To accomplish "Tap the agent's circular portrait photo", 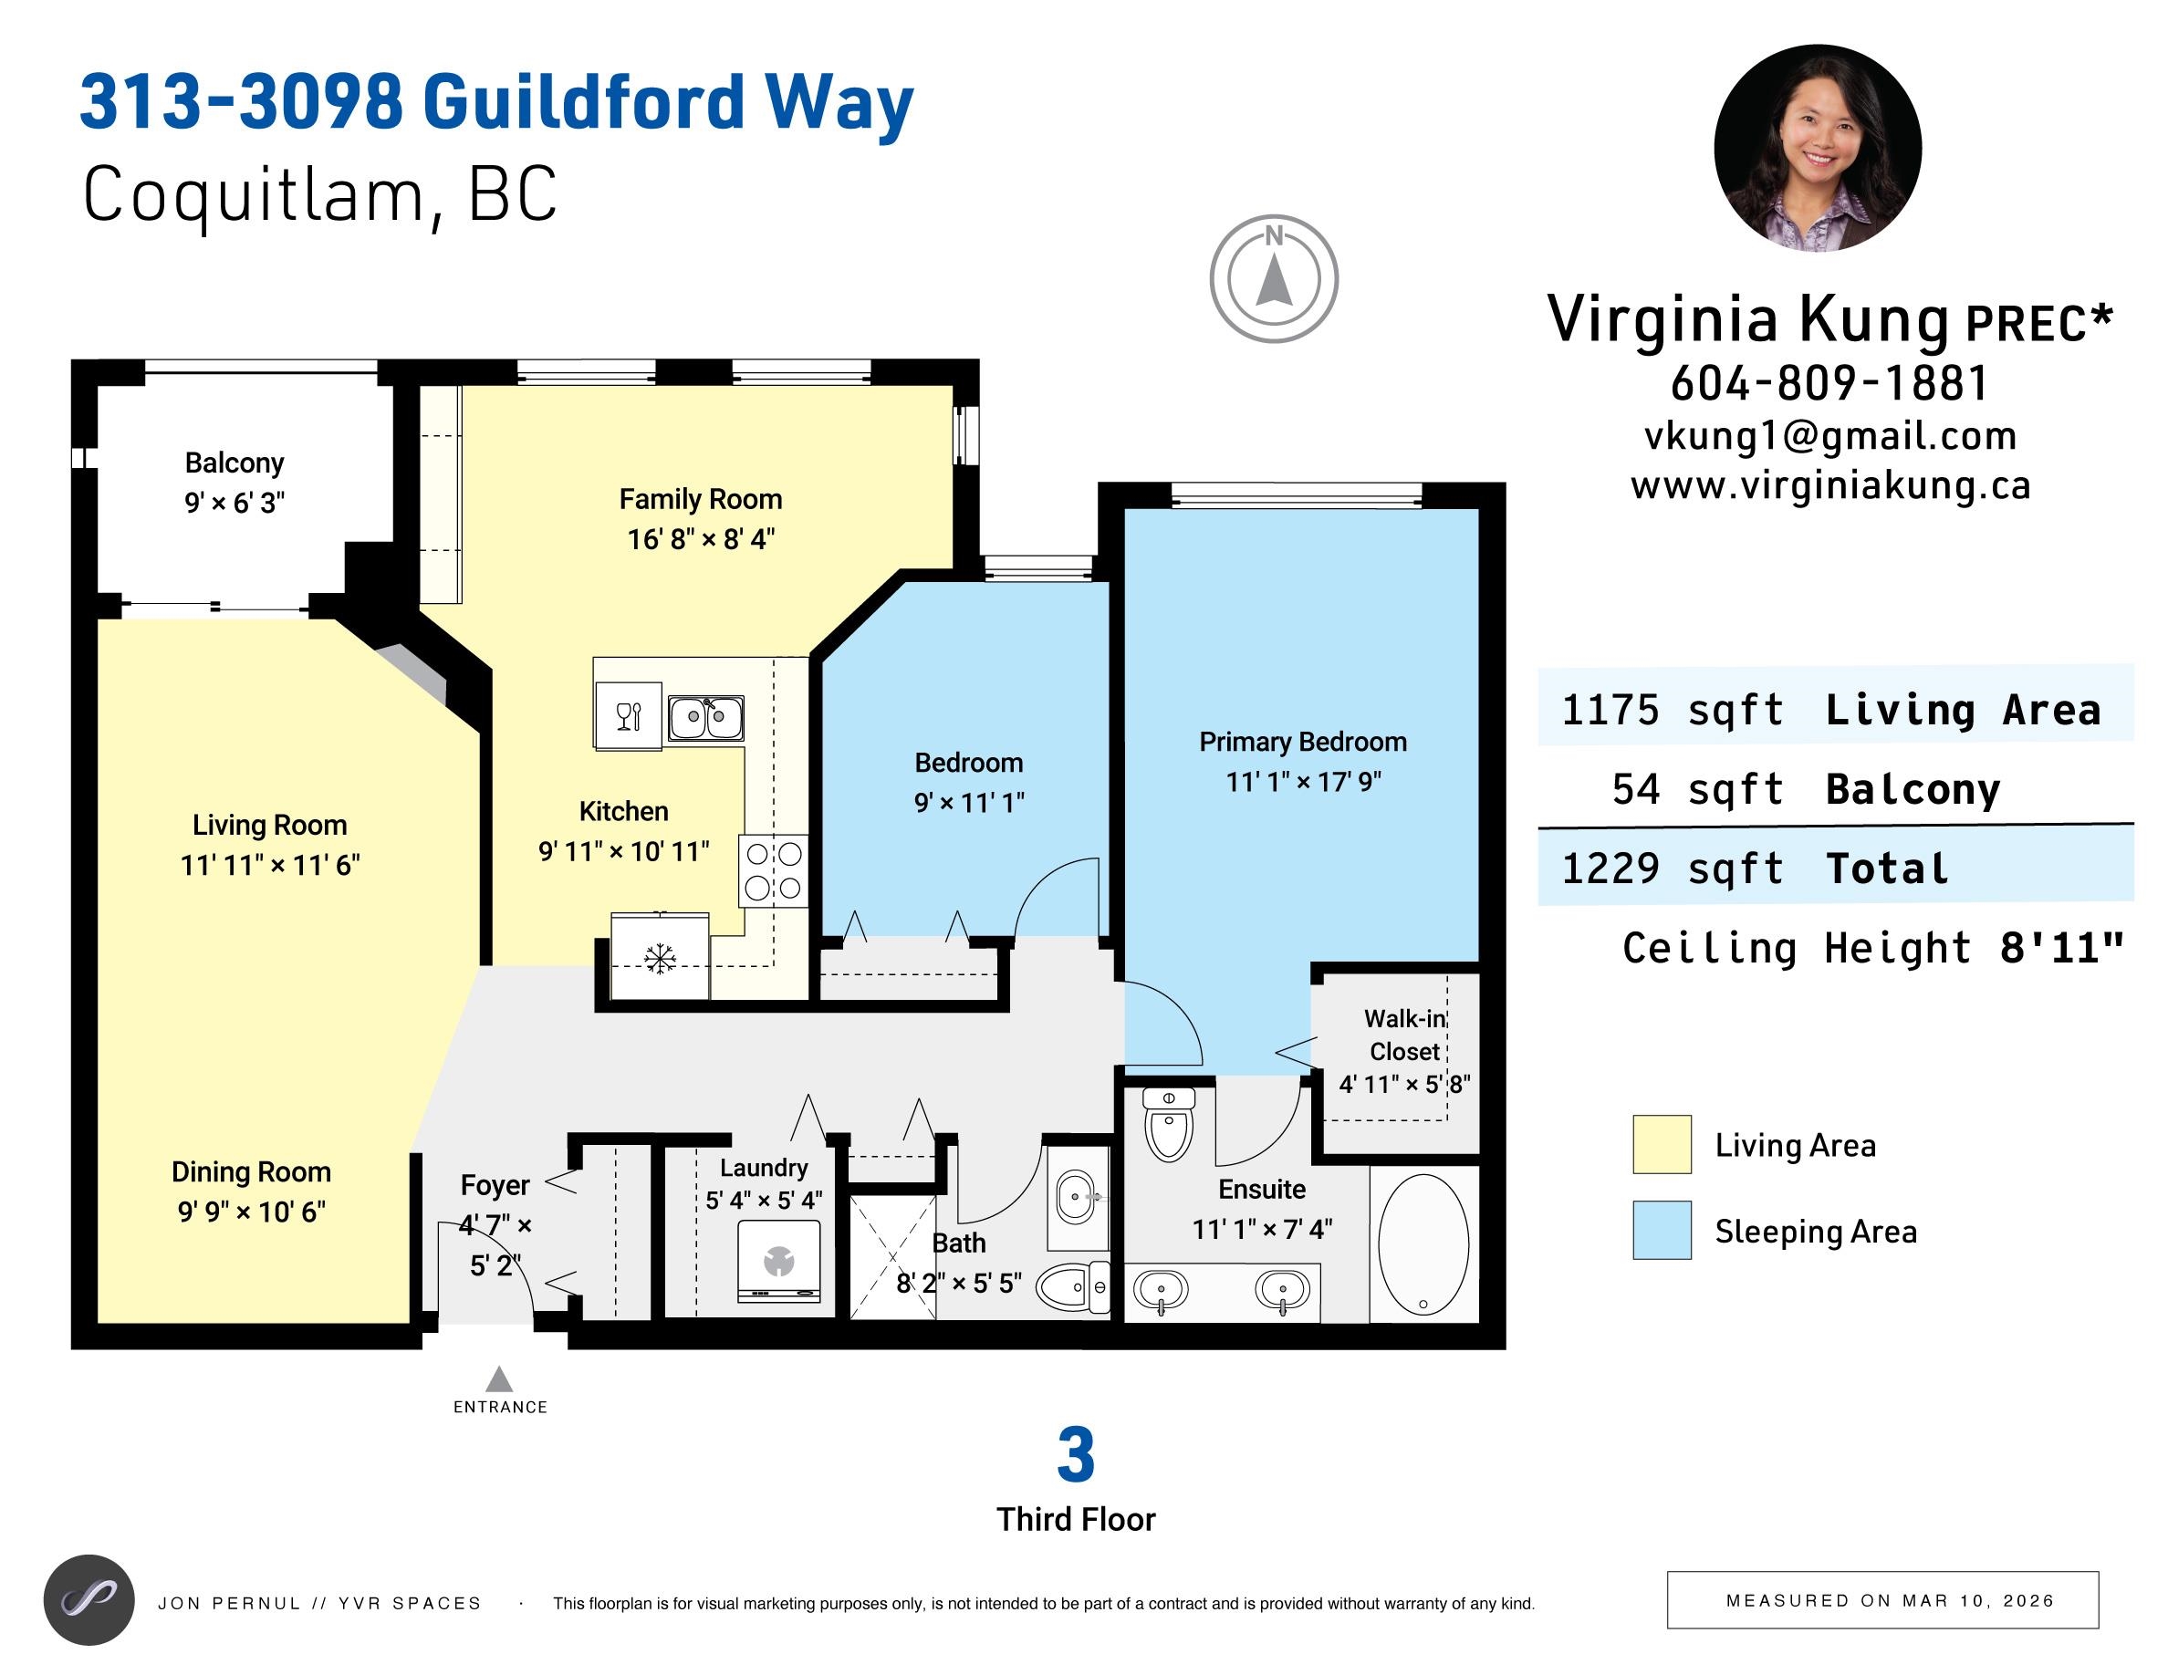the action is point(1818,148).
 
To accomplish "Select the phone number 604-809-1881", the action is point(1829,383).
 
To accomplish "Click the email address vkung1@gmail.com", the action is point(1829,435).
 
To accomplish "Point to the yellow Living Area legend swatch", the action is point(1662,1144).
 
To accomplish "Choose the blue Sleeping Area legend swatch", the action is point(1662,1231).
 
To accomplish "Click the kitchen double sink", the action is point(704,717).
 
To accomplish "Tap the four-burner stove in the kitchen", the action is point(773,870).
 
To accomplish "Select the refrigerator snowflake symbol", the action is point(659,959).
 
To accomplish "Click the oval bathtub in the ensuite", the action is point(1423,1244).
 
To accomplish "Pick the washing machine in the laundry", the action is point(779,1260).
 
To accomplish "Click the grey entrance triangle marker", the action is point(498,1378).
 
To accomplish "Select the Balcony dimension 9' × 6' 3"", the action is point(235,502).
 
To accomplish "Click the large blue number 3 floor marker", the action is point(1076,1455).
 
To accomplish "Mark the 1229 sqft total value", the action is point(1673,869).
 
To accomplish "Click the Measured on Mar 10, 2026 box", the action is point(1882,1599).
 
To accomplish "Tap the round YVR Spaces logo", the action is point(89,1599).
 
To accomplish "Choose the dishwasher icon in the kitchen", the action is point(629,715).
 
